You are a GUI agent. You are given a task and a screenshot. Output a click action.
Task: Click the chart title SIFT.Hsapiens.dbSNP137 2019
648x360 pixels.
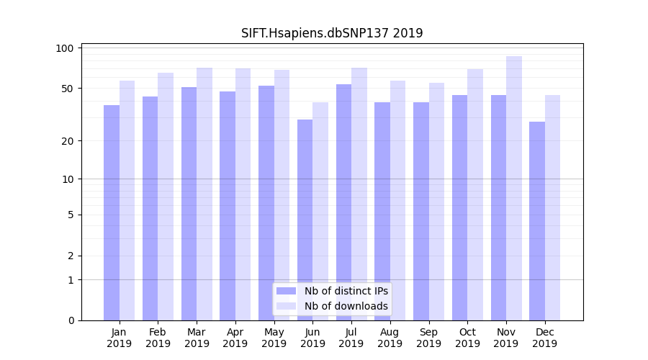pos(332,33)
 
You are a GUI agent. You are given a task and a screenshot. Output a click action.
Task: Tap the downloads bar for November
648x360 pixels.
pos(513,188)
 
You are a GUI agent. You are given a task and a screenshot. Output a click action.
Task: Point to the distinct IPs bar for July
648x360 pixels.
pos(343,202)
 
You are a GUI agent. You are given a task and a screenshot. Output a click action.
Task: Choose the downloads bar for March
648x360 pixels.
pos(204,194)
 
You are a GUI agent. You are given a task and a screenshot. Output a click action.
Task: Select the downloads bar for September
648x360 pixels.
pos(436,202)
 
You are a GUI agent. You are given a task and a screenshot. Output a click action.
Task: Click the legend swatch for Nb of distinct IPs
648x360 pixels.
pos(286,291)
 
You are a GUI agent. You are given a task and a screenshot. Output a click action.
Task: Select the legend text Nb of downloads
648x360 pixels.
pos(346,306)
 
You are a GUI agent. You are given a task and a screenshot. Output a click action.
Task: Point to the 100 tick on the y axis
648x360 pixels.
pos(65,48)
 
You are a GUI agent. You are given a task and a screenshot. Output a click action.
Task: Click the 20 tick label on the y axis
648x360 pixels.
pos(67,141)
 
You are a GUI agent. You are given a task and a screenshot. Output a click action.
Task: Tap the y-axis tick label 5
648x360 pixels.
pos(71,215)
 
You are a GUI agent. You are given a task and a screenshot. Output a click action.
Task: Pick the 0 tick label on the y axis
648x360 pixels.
pos(71,320)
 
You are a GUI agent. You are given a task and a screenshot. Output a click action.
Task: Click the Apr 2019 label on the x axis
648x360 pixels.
pos(235,338)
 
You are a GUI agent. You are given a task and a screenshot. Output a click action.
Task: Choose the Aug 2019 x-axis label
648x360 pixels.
pos(390,338)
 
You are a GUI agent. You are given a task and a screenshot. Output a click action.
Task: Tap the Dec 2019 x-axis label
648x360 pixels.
pos(545,338)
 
